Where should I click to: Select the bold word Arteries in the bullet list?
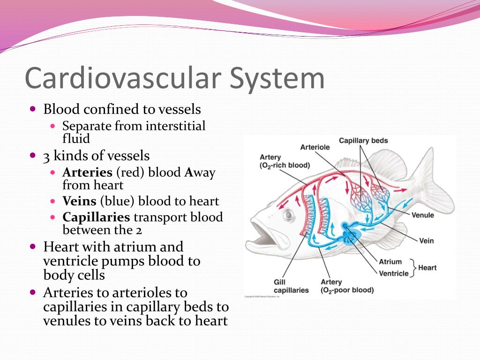[88, 172]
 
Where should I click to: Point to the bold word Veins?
[79, 202]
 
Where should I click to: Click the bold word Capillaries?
[96, 217]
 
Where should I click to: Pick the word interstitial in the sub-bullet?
[175, 126]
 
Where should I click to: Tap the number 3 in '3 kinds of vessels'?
[46, 156]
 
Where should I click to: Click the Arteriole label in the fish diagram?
[315, 147]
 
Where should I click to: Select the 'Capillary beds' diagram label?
[363, 141]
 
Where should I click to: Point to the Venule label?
[422, 215]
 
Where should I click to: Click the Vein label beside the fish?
[426, 241]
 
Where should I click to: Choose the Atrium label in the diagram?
[390, 262]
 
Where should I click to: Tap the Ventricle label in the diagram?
[394, 273]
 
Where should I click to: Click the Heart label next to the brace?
[427, 268]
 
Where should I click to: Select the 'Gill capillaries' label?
[291, 286]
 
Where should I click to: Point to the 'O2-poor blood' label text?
[347, 290]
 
